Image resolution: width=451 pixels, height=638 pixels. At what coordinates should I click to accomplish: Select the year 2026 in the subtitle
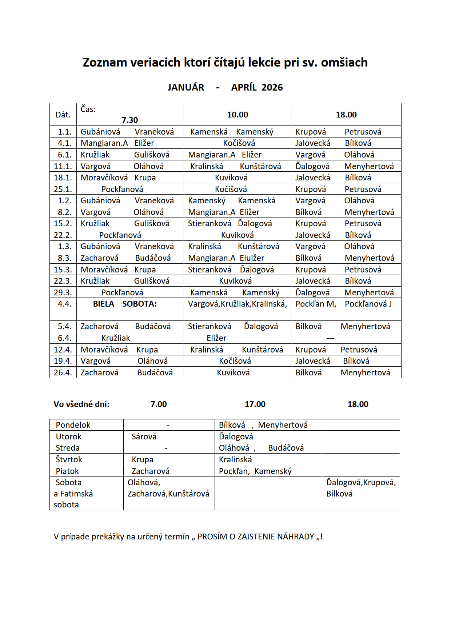point(272,88)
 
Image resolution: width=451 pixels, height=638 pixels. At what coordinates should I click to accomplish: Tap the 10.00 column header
point(238,115)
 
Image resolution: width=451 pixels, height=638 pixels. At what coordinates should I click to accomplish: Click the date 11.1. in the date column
point(63,167)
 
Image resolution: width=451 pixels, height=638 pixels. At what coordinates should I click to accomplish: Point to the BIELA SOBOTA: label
point(125,304)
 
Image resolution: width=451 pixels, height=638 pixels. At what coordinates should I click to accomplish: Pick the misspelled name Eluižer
point(252,258)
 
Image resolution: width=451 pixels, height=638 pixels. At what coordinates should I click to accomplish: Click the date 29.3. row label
point(63,293)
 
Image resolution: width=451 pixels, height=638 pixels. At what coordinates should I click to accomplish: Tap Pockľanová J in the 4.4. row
point(368,304)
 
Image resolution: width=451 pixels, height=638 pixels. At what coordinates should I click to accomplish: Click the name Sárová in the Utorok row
point(144,437)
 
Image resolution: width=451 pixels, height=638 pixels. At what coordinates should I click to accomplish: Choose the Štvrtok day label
point(69,460)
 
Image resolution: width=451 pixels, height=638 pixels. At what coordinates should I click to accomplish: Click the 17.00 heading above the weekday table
point(255,404)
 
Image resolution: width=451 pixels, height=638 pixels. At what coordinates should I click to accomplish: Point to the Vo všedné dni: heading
point(81,404)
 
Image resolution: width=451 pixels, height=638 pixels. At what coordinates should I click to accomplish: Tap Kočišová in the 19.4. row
point(235,361)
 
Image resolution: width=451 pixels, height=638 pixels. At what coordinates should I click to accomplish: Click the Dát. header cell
point(63,115)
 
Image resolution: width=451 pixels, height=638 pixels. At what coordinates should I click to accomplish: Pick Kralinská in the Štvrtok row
point(235,460)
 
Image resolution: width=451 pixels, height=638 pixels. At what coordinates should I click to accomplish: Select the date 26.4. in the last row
point(63,373)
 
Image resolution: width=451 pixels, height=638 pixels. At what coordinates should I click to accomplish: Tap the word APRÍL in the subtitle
point(244,88)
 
